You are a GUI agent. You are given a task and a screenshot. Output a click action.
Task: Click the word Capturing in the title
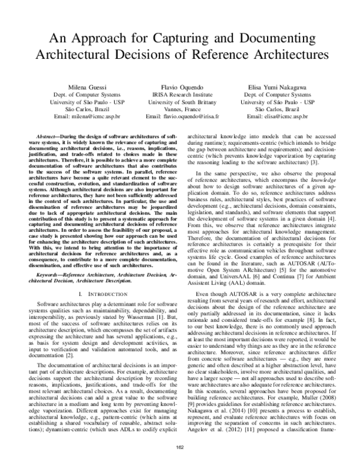click(190, 38)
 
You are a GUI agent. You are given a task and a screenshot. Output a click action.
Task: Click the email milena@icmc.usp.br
click(95, 117)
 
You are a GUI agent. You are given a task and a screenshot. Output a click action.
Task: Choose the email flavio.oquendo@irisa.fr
click(191, 117)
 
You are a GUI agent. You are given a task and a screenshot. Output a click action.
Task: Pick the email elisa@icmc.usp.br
click(285, 117)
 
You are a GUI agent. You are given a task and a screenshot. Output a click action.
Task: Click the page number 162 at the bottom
click(179, 446)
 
